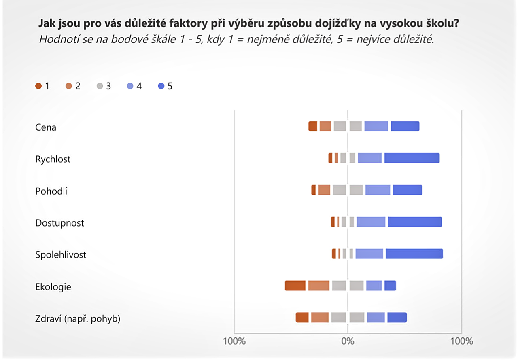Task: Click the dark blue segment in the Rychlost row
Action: click(412, 158)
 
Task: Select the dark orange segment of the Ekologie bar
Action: click(295, 286)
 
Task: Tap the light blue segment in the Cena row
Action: click(376, 126)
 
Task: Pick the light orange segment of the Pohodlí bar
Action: click(324, 190)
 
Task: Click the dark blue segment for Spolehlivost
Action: click(414, 254)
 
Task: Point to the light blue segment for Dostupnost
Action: click(371, 222)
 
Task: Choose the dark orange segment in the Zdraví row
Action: click(302, 318)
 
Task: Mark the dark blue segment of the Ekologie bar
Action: click(390, 286)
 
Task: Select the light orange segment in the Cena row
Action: click(325, 126)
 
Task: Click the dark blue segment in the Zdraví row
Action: click(397, 318)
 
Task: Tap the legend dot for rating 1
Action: click(38, 86)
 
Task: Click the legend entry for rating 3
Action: click(104, 86)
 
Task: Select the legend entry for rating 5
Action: click(166, 86)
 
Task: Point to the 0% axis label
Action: click(348, 341)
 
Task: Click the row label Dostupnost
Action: click(59, 223)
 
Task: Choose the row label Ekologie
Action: click(53, 287)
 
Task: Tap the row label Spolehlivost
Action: click(61, 255)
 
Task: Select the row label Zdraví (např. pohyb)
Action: click(78, 319)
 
